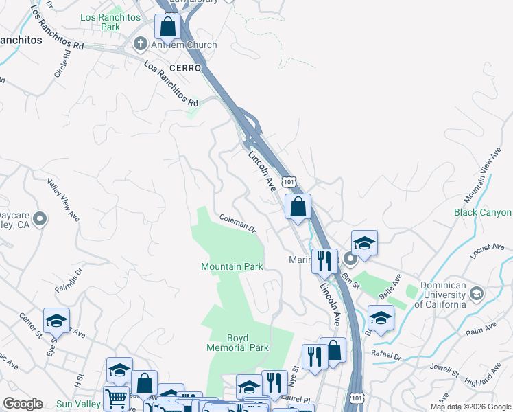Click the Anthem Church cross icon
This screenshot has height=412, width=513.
click(141, 45)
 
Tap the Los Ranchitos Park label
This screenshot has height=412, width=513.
click(100, 22)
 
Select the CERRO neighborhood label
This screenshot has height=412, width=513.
click(185, 69)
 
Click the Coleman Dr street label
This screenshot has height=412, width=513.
click(237, 223)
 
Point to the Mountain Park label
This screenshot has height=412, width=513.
click(232, 266)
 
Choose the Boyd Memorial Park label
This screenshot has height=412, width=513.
click(238, 343)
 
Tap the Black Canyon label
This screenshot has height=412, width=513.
click(483, 213)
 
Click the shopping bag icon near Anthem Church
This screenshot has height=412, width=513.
click(167, 27)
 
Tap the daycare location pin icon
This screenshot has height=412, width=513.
click(40, 219)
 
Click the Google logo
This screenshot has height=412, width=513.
click(23, 404)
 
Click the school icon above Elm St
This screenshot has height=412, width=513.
click(364, 242)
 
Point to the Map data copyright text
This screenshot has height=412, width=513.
click(470, 407)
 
